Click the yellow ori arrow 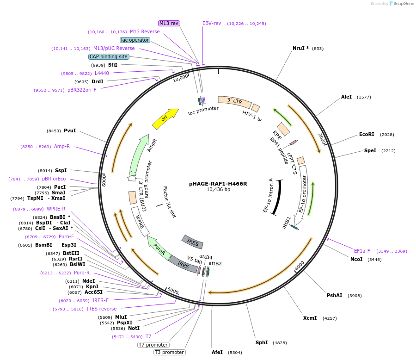click(x=165, y=119)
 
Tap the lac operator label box click(x=135, y=40)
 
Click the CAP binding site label click(x=109, y=56)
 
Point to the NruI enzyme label click(x=300, y=48)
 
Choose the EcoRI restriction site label click(x=367, y=134)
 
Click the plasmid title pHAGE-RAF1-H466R click(x=218, y=183)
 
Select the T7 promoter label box click(x=153, y=345)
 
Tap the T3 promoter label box click(x=170, y=352)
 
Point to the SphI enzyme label click(x=262, y=342)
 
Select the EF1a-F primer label click(x=362, y=251)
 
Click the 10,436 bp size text click(x=218, y=189)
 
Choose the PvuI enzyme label click(x=69, y=130)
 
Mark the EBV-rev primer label click(x=212, y=23)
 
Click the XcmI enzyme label click(x=310, y=318)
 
